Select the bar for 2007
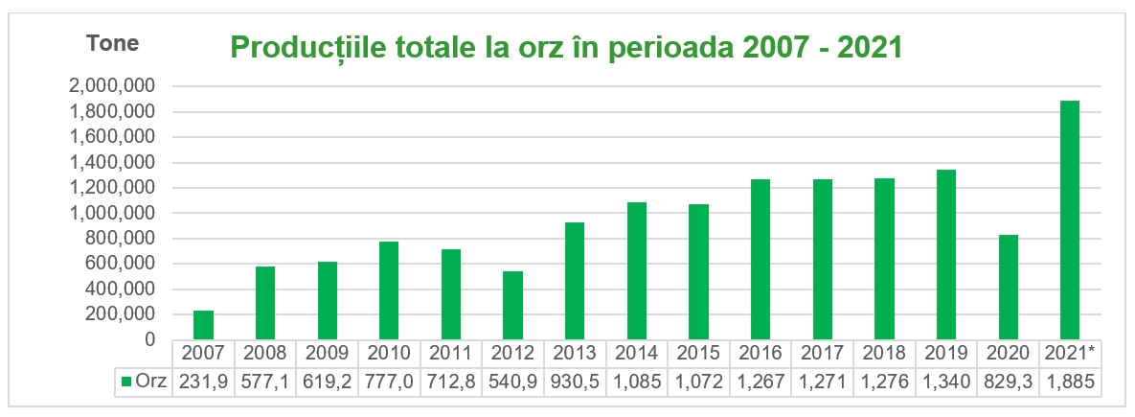point(203,325)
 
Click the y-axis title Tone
point(113,43)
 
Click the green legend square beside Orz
point(125,382)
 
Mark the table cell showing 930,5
point(574,382)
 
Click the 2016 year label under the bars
point(760,353)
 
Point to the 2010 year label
point(389,353)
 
